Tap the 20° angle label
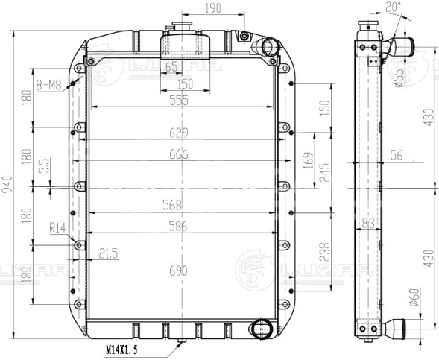coord(394,7)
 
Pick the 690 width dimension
coord(178,273)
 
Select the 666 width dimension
coord(178,154)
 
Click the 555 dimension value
coord(178,101)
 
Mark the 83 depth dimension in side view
coord(367,222)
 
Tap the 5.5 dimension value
coord(45,165)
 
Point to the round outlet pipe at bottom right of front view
coord(262,328)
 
